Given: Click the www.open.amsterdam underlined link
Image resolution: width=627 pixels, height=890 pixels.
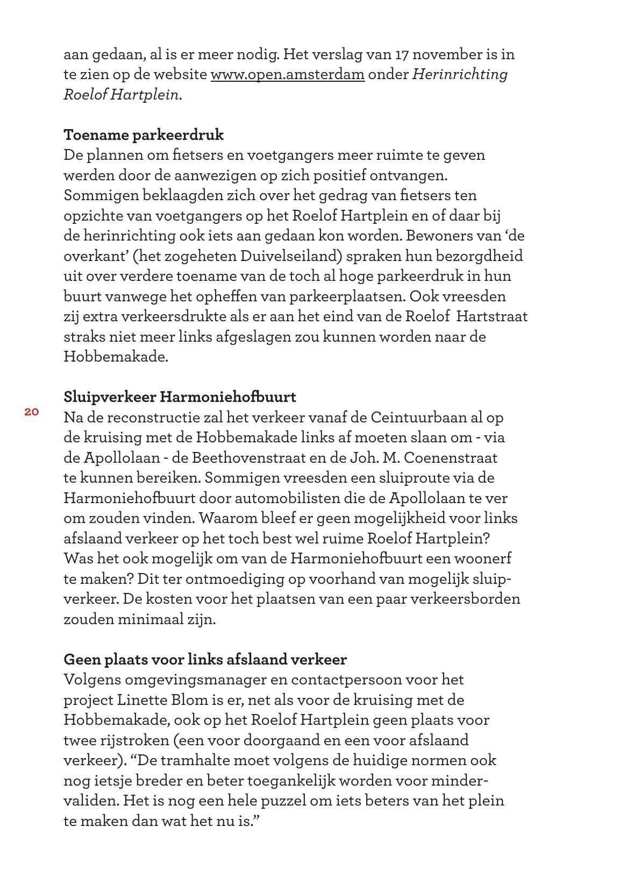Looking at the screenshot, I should (287, 74).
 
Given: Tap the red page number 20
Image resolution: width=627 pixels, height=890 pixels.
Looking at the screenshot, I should (31, 412).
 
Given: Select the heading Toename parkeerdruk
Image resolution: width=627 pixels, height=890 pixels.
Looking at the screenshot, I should (144, 135).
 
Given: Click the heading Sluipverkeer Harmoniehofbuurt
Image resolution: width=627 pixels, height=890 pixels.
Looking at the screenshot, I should (180, 397).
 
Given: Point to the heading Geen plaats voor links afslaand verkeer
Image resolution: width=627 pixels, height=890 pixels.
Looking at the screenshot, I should (205, 659).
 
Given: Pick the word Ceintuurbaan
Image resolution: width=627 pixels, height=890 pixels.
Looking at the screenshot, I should (418, 417).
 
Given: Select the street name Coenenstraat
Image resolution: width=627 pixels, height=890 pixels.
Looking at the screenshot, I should (450, 457).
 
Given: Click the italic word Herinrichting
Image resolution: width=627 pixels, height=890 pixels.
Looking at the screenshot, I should (460, 74).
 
